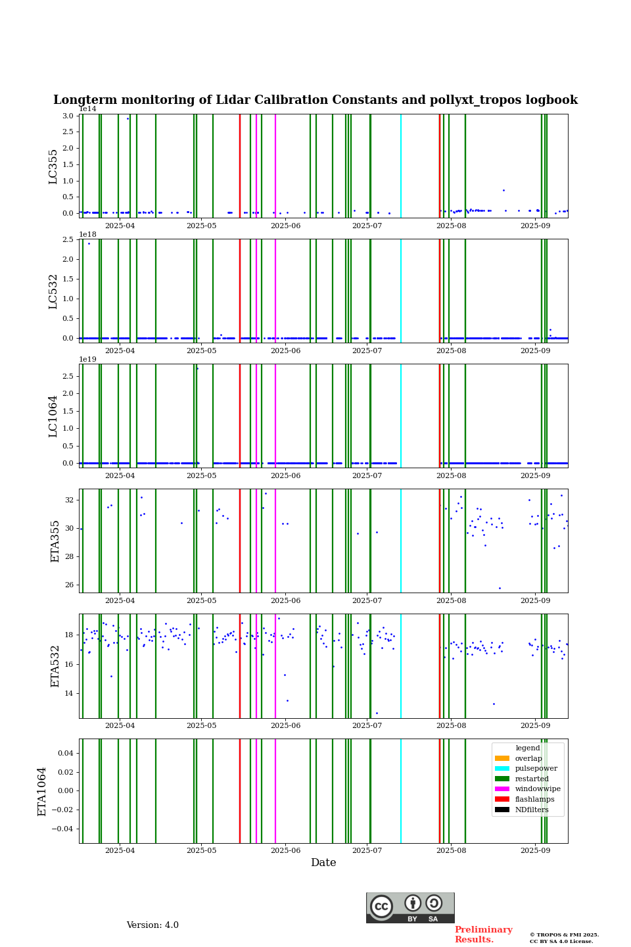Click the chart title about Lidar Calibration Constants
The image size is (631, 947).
(x=315, y=100)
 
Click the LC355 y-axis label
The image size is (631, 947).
(x=53, y=166)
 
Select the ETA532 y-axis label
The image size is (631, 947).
(x=55, y=666)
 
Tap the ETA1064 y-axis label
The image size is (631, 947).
(x=42, y=791)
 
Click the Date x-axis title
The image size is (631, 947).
(x=323, y=863)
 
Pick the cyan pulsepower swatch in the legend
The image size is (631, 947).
(x=502, y=768)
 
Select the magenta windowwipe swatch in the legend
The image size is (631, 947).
(x=502, y=789)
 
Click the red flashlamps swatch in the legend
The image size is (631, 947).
(x=502, y=799)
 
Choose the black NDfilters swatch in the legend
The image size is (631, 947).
(x=502, y=810)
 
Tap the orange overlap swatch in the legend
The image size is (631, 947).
(x=502, y=758)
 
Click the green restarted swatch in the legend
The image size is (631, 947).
(x=502, y=779)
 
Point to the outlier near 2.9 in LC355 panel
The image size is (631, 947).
(x=128, y=118)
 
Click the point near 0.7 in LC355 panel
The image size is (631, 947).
(x=503, y=190)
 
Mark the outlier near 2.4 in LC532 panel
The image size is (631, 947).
(x=89, y=243)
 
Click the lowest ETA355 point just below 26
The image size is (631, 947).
(x=500, y=588)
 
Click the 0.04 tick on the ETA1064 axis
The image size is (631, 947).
(x=65, y=753)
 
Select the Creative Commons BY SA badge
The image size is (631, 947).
(x=410, y=908)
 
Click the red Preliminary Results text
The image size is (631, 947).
(x=483, y=935)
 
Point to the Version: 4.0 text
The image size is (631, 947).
(x=152, y=925)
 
